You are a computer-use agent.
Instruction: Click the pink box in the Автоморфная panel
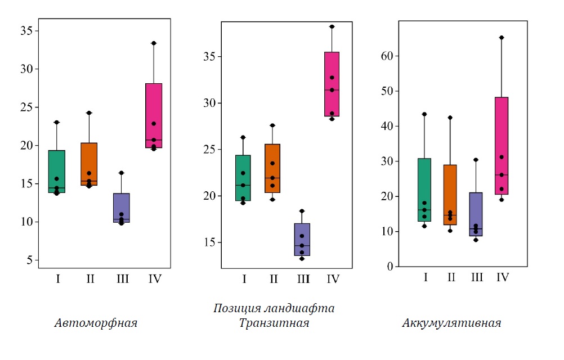tap(154, 115)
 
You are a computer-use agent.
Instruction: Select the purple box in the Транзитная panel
tap(302, 239)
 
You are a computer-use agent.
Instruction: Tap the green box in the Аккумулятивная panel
tap(424, 190)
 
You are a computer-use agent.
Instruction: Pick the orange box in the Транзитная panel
tap(272, 168)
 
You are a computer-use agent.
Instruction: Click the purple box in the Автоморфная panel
tap(121, 208)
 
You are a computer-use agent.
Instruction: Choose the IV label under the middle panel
tap(333, 278)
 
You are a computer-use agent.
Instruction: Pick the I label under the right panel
tap(425, 277)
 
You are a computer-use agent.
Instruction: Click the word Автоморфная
tap(96, 323)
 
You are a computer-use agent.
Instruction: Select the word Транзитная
tap(274, 323)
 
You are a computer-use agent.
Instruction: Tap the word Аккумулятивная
tap(451, 323)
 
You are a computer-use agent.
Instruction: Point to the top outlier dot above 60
tap(502, 38)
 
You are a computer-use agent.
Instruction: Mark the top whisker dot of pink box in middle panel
tap(332, 26)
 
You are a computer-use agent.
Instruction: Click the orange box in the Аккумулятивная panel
tap(450, 195)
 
